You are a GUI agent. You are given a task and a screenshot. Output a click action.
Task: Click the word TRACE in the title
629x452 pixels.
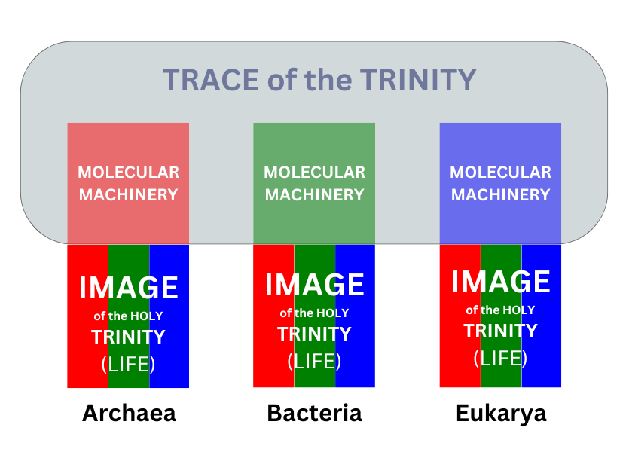pyautogui.click(x=211, y=80)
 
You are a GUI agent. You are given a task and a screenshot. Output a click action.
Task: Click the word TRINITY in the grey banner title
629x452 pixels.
pyautogui.click(x=418, y=80)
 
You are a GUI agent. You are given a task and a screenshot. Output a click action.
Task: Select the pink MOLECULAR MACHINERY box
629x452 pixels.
pyautogui.click(x=128, y=183)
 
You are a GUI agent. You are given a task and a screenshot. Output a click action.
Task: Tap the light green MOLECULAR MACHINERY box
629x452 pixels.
pyautogui.click(x=314, y=183)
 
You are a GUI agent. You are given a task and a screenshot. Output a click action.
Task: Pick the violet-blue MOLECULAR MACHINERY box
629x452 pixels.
pyautogui.click(x=500, y=183)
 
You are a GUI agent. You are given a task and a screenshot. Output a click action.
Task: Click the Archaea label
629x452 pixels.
pyautogui.click(x=129, y=413)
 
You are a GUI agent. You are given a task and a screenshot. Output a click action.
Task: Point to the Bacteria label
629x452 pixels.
pyautogui.click(x=315, y=413)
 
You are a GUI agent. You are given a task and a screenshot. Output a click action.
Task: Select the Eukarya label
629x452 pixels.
pyautogui.click(x=501, y=414)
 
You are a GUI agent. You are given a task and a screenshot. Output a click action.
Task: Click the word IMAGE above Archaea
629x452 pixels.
pyautogui.click(x=128, y=288)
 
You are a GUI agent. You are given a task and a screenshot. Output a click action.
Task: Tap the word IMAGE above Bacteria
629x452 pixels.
pyautogui.click(x=315, y=285)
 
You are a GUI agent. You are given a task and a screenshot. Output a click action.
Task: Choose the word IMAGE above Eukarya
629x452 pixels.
pyautogui.click(x=501, y=282)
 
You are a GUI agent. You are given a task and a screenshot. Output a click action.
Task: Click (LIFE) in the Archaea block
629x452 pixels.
pyautogui.click(x=128, y=364)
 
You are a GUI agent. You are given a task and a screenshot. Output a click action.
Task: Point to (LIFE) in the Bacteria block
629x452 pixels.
pyautogui.click(x=315, y=361)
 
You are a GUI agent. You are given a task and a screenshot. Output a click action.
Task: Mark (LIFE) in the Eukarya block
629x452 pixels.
pyautogui.click(x=501, y=358)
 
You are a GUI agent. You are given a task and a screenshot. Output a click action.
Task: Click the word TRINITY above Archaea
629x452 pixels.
pyautogui.click(x=128, y=337)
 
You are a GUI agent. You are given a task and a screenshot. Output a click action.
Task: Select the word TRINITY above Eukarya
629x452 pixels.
pyautogui.click(x=501, y=331)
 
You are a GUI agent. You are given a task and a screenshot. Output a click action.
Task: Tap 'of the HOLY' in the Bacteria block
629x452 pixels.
pyautogui.click(x=315, y=313)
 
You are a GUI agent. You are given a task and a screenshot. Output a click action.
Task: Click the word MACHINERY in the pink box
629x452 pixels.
pyautogui.click(x=128, y=195)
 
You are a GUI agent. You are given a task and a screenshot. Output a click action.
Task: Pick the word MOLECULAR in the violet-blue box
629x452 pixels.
pyautogui.click(x=501, y=173)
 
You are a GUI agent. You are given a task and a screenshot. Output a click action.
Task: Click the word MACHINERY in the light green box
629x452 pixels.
pyautogui.click(x=315, y=195)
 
